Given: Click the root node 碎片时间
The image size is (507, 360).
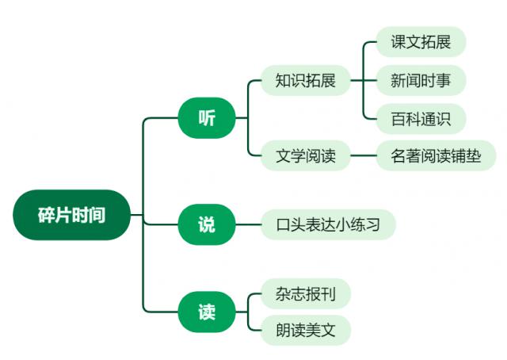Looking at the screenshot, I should (71, 215).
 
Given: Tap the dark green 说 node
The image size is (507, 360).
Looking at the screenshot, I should (206, 224).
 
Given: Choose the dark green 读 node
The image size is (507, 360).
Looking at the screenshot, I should (206, 312).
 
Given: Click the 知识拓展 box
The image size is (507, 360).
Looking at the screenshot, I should (305, 80).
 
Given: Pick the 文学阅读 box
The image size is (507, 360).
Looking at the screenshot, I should (305, 155).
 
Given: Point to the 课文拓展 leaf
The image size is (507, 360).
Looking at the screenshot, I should (421, 42).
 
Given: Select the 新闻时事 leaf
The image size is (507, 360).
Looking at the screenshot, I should (421, 80).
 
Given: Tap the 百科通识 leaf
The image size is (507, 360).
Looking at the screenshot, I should (421, 119).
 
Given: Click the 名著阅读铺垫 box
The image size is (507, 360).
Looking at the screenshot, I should (436, 155).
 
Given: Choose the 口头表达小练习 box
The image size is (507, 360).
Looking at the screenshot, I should (328, 224).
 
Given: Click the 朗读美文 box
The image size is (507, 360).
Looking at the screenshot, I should (305, 331).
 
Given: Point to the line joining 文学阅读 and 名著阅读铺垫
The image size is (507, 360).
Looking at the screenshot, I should (363, 155).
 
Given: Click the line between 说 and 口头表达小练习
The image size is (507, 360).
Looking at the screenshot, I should (249, 224).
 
